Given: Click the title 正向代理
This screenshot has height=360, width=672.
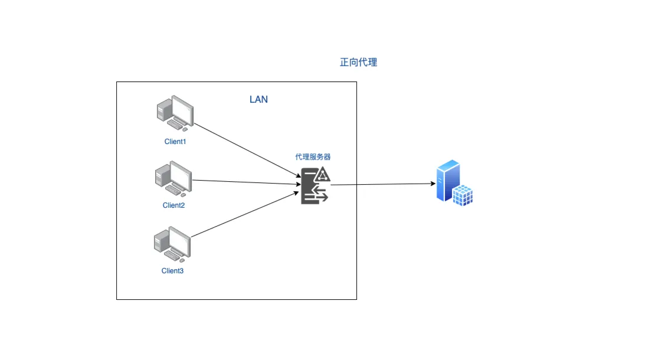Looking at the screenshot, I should tap(358, 63).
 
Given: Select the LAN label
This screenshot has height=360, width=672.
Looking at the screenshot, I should tap(258, 99).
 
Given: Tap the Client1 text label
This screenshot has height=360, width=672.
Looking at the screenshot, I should tap(175, 142).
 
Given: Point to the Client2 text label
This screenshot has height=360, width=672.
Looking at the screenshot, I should tap(173, 205).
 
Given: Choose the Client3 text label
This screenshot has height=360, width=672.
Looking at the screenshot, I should tap(172, 271).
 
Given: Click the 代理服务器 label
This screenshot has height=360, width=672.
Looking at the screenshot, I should tap(313, 158).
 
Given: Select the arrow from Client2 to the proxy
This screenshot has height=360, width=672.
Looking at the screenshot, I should tap(245, 182).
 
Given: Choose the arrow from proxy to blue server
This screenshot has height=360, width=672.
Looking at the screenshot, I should tap(383, 184).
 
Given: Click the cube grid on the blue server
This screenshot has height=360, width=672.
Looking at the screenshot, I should tap(463, 194).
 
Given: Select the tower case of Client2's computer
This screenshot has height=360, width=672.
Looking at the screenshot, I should tap(161, 176).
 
